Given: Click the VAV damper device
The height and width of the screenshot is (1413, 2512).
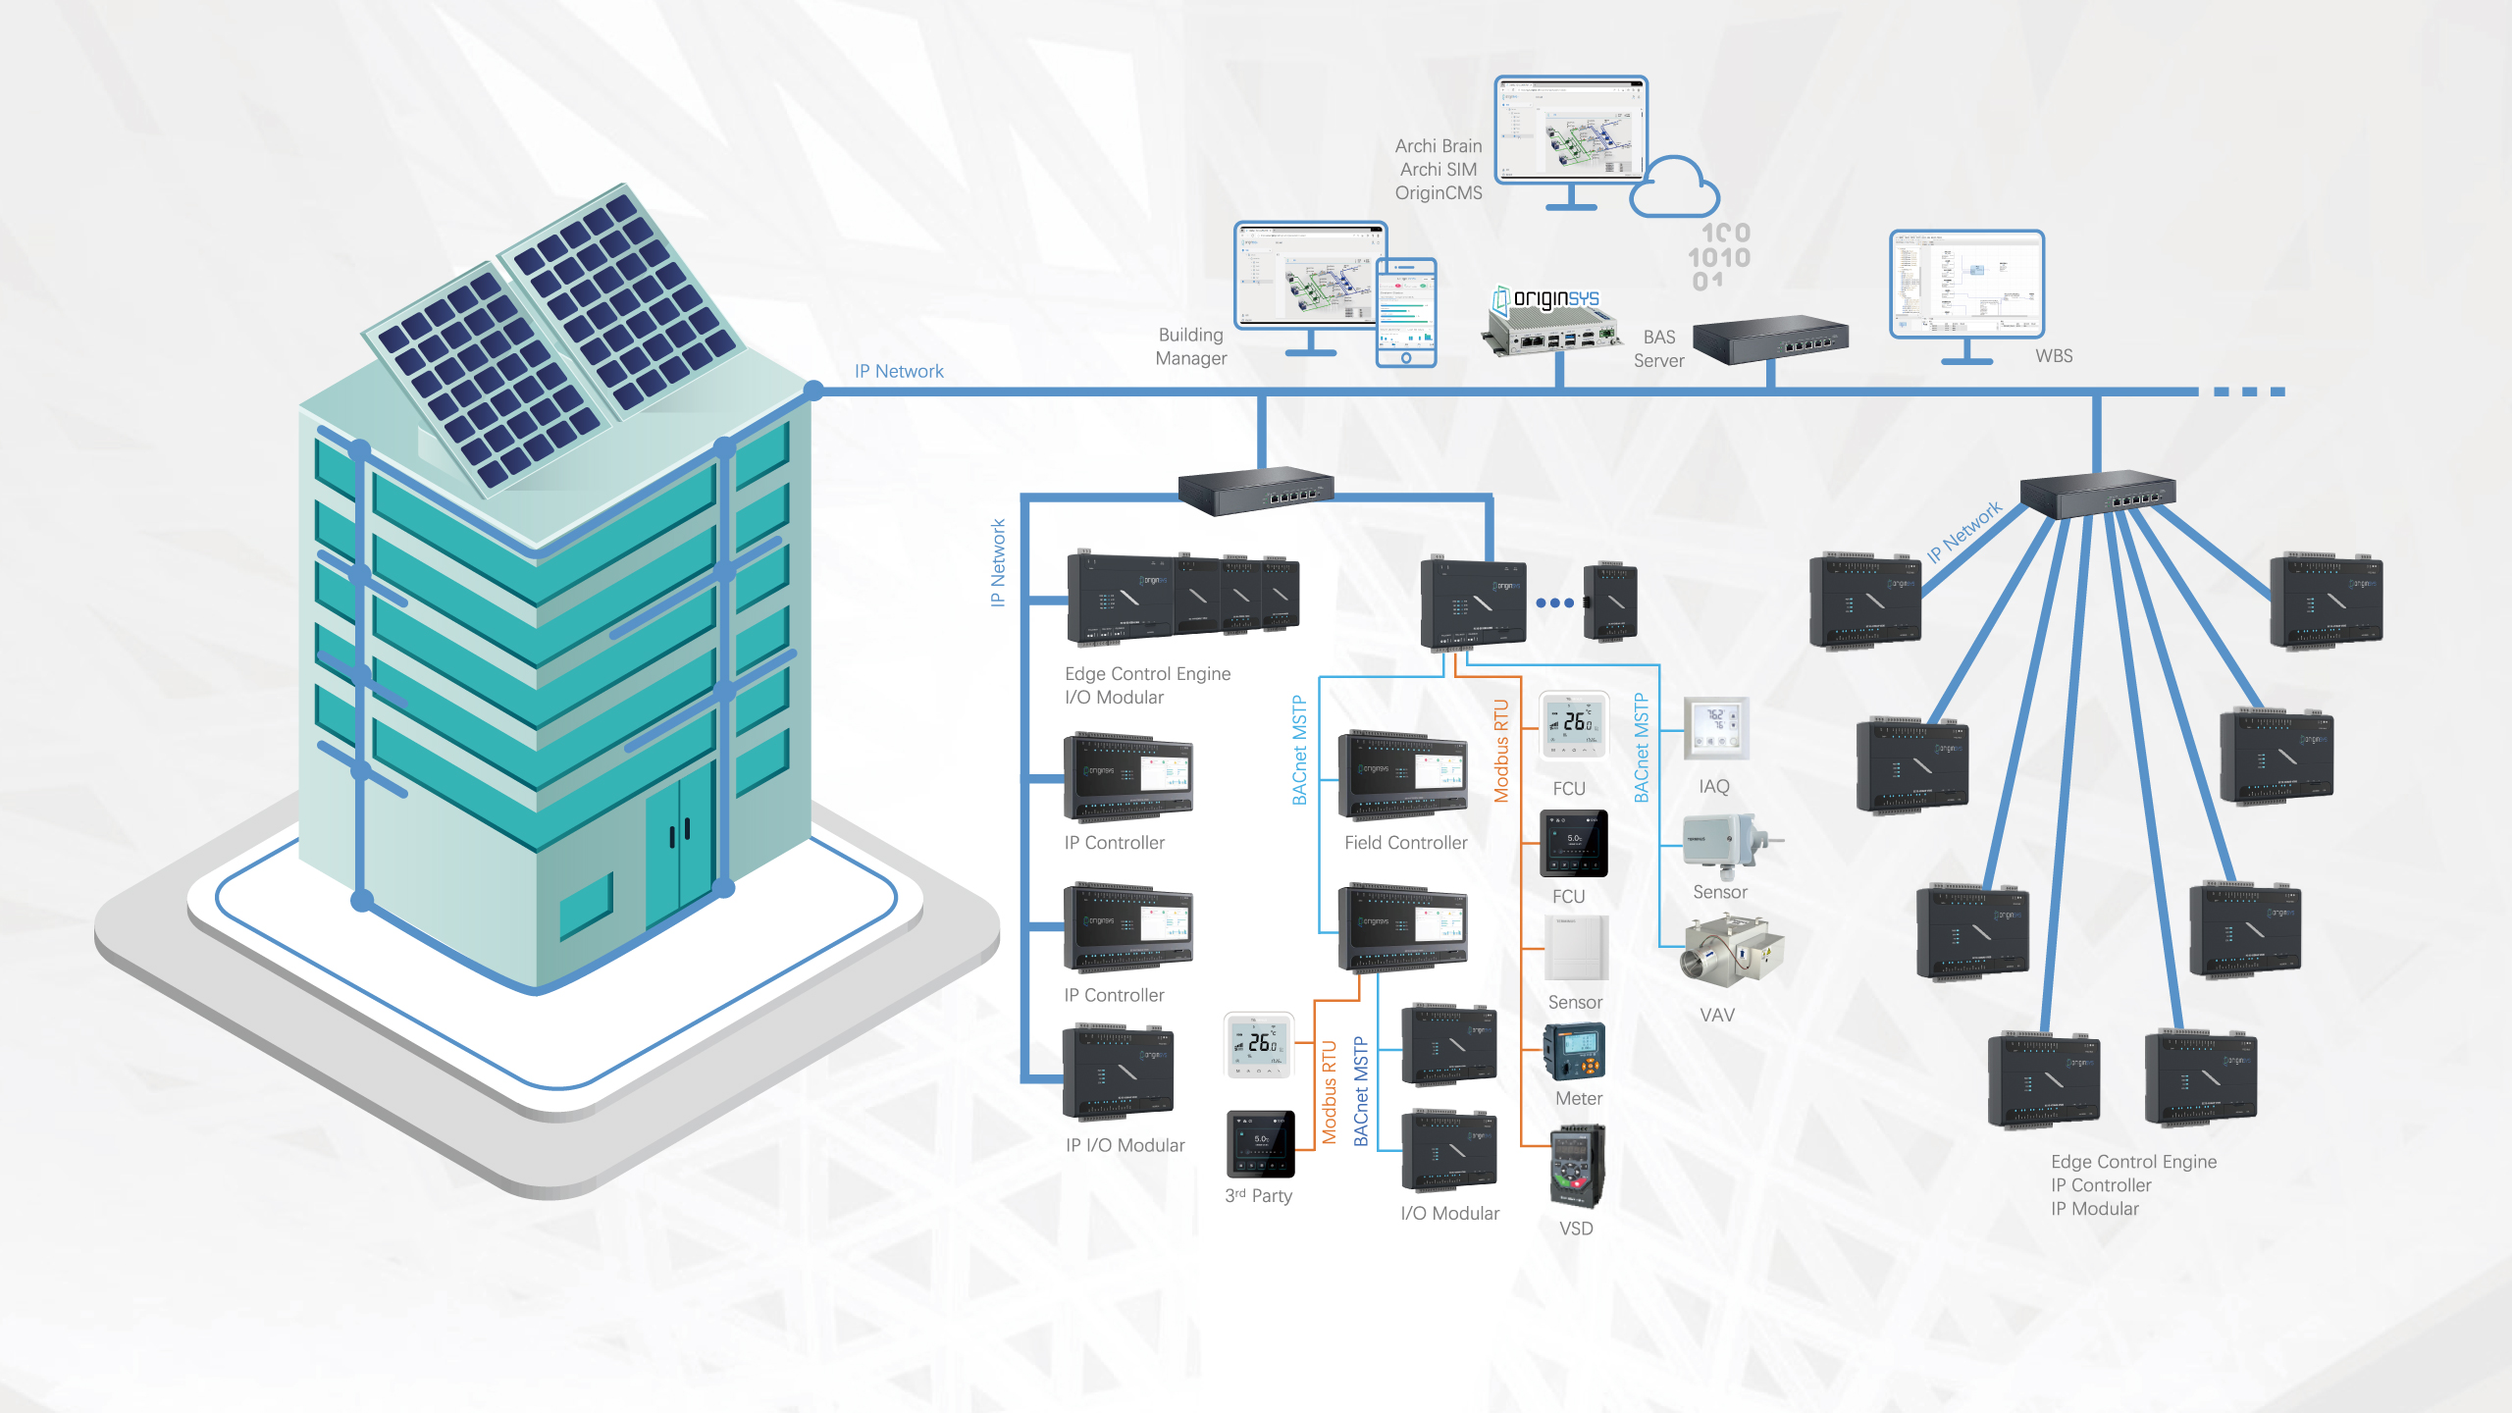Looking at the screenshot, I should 1732,952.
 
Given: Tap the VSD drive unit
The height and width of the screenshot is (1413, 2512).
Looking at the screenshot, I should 1577,1168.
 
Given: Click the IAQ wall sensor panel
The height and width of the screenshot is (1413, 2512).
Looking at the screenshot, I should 1715,728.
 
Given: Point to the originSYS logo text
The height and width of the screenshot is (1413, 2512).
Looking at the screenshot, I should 1556,298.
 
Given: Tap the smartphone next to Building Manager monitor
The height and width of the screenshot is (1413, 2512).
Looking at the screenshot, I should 1406,312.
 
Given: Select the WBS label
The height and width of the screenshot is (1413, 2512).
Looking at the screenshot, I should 2054,356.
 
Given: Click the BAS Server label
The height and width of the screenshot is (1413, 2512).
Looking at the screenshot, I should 1659,349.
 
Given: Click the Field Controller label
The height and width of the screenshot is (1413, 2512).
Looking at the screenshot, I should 1405,843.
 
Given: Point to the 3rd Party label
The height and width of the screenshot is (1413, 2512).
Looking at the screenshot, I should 1258,1196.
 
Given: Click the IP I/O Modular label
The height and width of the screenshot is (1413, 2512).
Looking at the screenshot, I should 1125,1145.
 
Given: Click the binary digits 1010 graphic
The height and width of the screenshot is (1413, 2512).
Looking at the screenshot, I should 1719,257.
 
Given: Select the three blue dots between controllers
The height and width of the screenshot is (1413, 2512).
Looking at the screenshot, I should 1554,602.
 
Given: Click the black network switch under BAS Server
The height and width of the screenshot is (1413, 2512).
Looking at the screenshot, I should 1770,339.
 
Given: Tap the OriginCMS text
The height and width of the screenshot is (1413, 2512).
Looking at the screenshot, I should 1439,193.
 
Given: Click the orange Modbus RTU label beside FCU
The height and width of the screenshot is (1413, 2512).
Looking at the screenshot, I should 1501,751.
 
